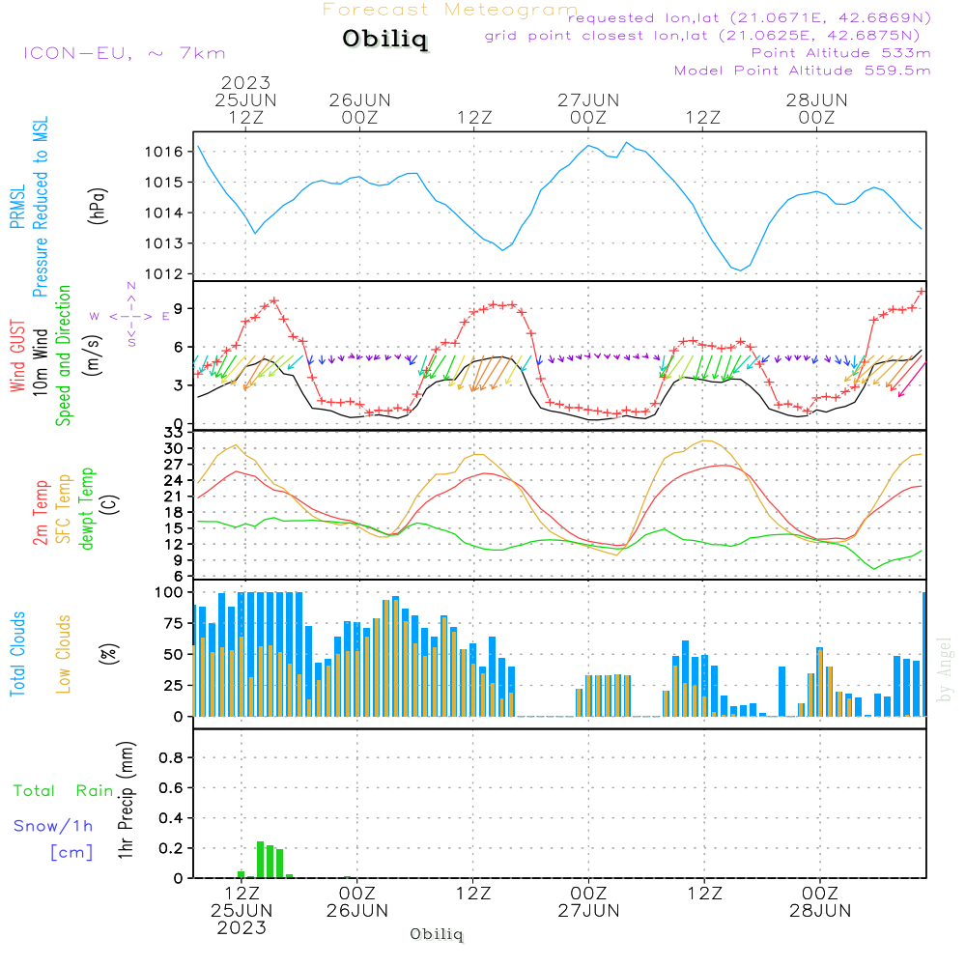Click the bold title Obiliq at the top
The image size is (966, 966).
pyautogui.click(x=384, y=40)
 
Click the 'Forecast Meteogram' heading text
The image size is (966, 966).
pyautogui.click(x=450, y=10)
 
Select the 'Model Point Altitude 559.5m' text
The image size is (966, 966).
pyautogui.click(x=802, y=71)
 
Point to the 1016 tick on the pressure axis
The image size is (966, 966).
pyautogui.click(x=165, y=152)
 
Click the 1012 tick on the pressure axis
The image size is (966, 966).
pyautogui.click(x=165, y=274)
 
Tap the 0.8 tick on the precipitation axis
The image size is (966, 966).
pyautogui.click(x=170, y=757)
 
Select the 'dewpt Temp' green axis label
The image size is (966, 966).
pyautogui.click(x=88, y=509)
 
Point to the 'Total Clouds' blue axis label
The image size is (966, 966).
pyautogui.click(x=18, y=654)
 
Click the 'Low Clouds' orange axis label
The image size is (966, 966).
pyautogui.click(x=64, y=654)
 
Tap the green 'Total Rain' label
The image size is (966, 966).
pyautogui.click(x=64, y=790)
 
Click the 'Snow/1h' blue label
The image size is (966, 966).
pyautogui.click(x=54, y=826)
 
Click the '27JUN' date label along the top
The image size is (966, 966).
pyautogui.click(x=587, y=99)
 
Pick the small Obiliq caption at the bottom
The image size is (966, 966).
pyautogui.click(x=438, y=935)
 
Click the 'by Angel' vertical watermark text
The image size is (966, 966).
pyautogui.click(x=946, y=669)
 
